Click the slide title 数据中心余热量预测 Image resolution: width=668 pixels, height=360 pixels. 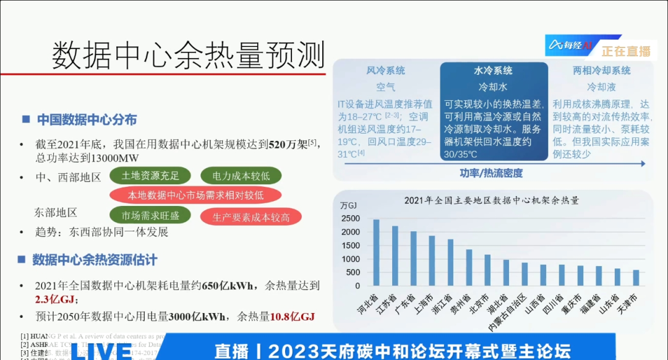[188, 55]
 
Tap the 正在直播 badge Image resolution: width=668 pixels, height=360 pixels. [626, 51]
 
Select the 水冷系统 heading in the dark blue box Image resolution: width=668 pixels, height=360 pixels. [493, 71]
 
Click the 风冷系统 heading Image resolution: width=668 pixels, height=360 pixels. [385, 71]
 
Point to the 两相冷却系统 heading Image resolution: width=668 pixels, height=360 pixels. [601, 71]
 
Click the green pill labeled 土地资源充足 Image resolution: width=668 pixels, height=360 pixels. [150, 176]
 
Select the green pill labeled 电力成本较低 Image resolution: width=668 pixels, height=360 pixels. [241, 176]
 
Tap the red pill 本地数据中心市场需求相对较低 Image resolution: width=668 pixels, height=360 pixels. [195, 195]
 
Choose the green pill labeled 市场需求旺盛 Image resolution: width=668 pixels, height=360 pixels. [150, 216]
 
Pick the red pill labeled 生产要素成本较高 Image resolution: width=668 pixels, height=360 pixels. [244, 216]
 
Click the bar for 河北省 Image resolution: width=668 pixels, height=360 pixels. [376, 252]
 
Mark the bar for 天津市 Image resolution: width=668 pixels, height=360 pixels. [636, 278]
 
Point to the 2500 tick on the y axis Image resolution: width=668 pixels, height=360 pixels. [349, 219]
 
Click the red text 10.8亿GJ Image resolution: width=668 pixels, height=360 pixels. [292, 317]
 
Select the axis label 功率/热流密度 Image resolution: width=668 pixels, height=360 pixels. [492, 173]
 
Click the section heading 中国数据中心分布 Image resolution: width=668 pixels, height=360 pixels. [87, 119]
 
